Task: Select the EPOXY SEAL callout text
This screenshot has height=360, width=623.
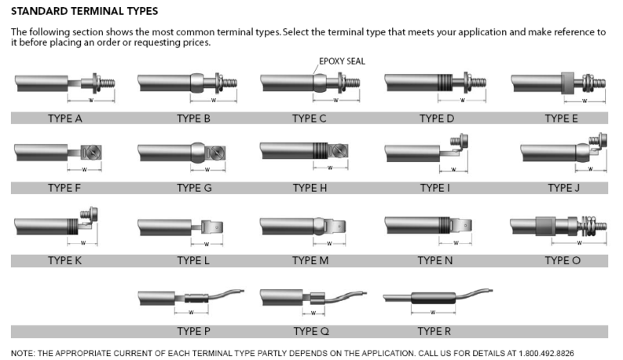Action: click(342, 61)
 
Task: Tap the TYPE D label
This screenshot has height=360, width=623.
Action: click(437, 119)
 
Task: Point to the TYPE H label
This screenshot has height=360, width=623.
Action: click(310, 188)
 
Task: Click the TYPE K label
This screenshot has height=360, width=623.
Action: click(64, 260)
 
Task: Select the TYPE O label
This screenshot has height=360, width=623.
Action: click(563, 260)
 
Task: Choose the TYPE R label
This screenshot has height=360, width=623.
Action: click(436, 331)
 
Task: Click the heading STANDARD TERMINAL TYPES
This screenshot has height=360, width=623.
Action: click(84, 12)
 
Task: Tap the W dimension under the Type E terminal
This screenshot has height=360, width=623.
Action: click(585, 100)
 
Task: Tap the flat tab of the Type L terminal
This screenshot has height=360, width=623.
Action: click(218, 229)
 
